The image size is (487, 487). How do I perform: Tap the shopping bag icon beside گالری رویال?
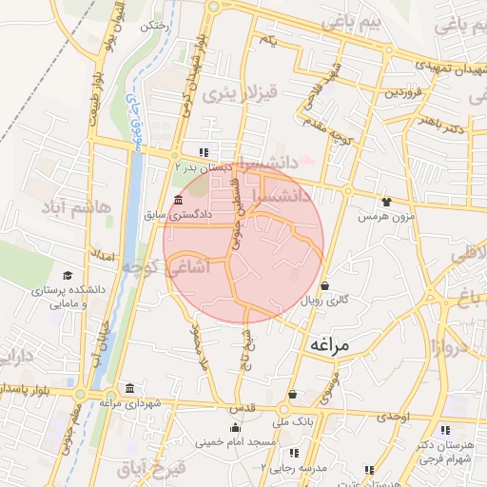[x=325, y=284]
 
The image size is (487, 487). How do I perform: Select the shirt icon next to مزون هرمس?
[x=385, y=202]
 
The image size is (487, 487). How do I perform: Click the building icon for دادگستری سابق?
[x=178, y=199]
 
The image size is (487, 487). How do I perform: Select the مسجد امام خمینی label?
[x=235, y=442]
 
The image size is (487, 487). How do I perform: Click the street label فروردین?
[x=403, y=92]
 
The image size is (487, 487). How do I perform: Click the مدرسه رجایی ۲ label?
[x=302, y=468]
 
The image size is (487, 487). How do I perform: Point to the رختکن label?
[x=153, y=27]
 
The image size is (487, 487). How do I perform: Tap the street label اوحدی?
[x=392, y=417]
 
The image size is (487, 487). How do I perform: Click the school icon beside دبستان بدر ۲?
[x=204, y=152]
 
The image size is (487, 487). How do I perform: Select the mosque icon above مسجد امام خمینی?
[x=235, y=427]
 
